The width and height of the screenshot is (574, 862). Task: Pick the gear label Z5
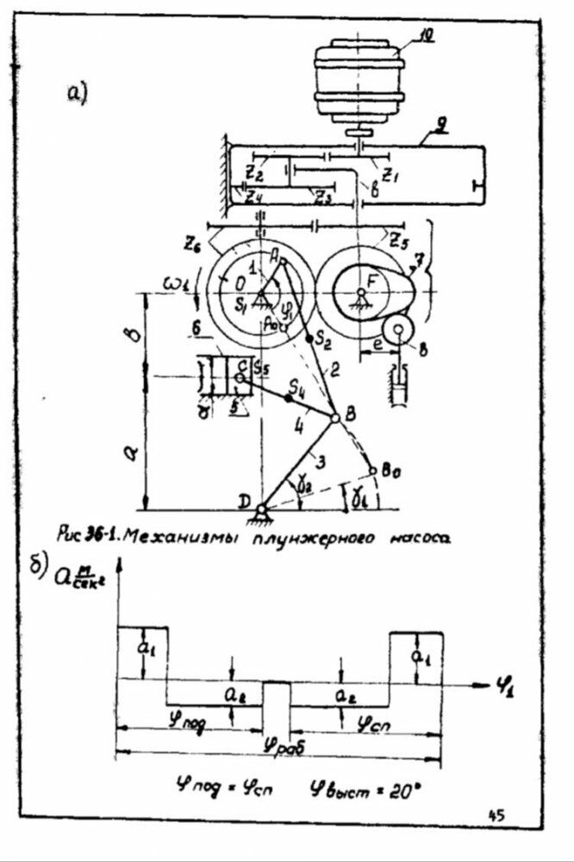point(396,237)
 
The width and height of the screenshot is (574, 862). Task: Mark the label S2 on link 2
point(324,341)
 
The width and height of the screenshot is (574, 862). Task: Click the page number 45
point(497,814)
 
